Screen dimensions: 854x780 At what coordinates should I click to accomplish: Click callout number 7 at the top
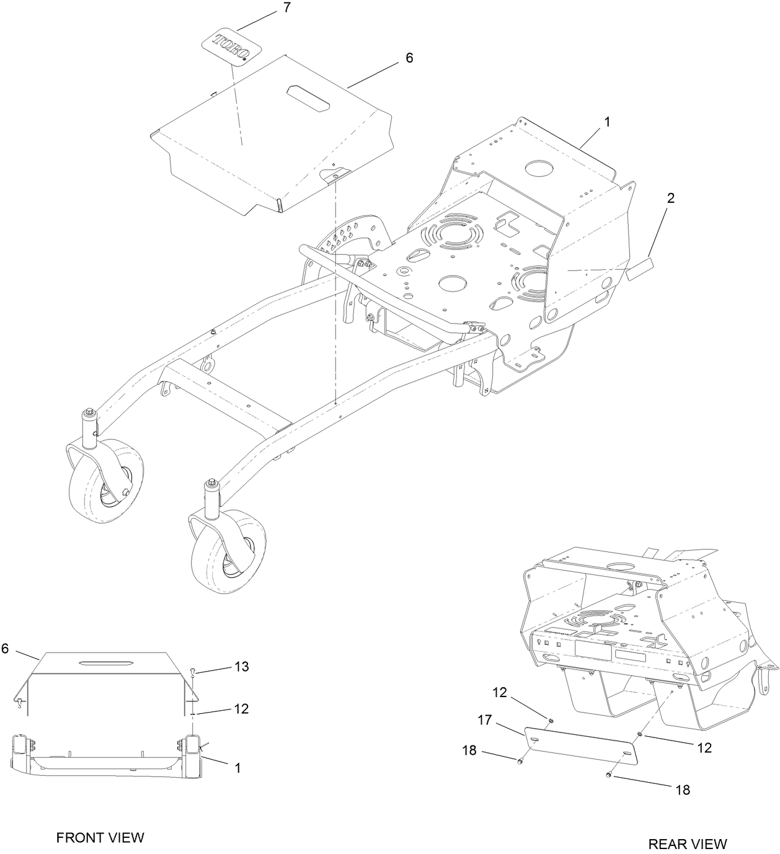[286, 8]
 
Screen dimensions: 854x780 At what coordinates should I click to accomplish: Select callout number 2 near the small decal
[670, 198]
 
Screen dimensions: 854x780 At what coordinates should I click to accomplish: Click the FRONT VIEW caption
[100, 837]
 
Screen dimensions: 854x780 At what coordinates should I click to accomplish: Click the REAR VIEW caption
[687, 843]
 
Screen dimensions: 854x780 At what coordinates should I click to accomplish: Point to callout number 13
[241, 666]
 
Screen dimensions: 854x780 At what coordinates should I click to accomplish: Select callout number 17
[484, 721]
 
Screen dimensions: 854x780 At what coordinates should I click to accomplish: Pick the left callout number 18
[469, 750]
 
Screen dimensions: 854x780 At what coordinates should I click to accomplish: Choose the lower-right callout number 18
[682, 790]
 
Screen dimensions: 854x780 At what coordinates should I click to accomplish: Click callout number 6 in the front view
[6, 648]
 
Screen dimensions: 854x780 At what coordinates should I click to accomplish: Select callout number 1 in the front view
[237, 767]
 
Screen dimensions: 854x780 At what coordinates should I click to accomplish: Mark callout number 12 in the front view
[241, 708]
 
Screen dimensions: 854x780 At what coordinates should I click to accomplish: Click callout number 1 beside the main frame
[607, 122]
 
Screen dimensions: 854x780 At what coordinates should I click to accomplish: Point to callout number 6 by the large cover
[409, 58]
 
